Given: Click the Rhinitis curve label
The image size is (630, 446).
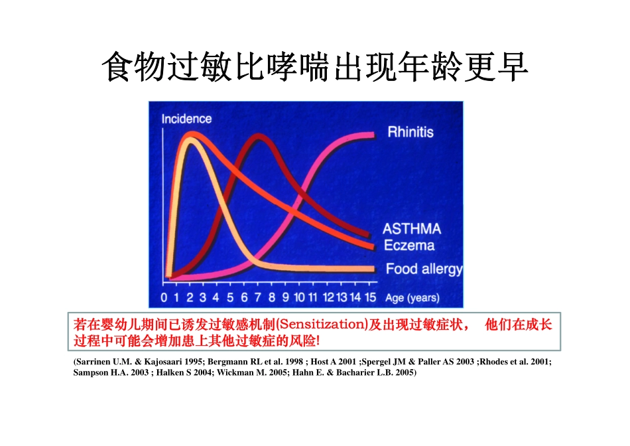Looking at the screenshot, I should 410,132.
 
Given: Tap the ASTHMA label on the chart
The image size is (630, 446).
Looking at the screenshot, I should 412,229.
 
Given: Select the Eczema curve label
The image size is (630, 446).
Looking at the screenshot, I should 410,246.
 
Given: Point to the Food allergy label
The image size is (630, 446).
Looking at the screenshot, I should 424,269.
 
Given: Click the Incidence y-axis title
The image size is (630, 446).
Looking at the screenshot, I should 186,119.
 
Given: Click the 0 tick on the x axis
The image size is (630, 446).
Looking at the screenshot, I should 164,298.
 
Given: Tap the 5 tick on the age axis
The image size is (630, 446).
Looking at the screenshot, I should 230,298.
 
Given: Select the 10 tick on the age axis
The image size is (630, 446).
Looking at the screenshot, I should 300,298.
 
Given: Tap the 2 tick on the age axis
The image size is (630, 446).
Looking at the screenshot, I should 190,298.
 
